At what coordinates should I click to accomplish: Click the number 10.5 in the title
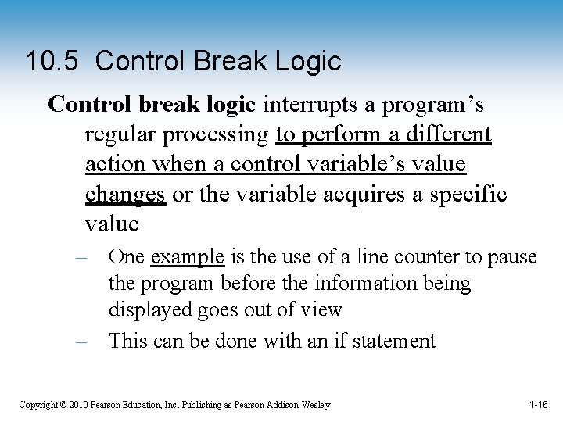click(x=52, y=61)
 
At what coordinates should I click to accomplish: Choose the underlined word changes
click(x=125, y=194)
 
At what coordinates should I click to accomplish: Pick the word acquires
click(x=368, y=194)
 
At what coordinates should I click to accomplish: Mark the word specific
click(x=472, y=194)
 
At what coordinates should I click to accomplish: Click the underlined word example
click(x=188, y=256)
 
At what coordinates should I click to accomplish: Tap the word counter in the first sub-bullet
click(x=450, y=256)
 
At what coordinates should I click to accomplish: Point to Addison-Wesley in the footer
click(x=299, y=405)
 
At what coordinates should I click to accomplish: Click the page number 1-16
click(x=538, y=405)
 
